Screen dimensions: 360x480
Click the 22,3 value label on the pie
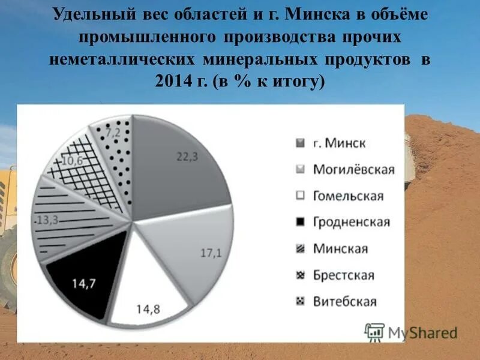pos(187,157)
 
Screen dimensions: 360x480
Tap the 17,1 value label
pos(211,253)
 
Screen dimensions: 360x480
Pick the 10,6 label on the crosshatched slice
pos(72,161)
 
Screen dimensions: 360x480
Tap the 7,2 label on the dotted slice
pos(113,131)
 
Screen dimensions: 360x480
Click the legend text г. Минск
pos(338,143)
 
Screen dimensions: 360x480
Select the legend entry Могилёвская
pos(353,169)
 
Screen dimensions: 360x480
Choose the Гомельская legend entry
pos(348,196)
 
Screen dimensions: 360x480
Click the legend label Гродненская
pos(351,222)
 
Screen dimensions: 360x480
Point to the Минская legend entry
pos(340,248)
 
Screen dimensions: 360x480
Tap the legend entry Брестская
pos(343,275)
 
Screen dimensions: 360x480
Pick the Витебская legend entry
pos(344,301)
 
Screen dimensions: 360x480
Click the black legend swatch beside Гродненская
pos(300,222)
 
